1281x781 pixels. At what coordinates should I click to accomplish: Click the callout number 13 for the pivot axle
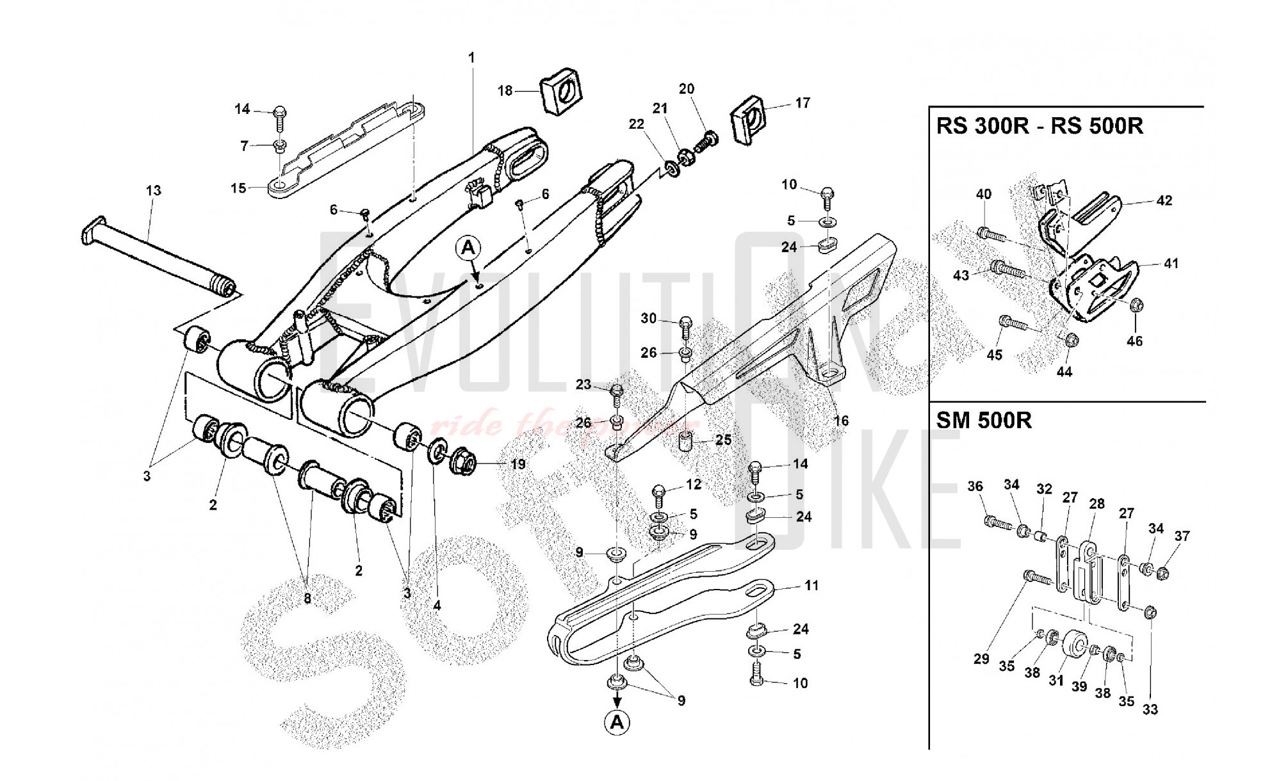click(x=153, y=191)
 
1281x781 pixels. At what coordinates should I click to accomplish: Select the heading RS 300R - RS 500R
click(x=1040, y=126)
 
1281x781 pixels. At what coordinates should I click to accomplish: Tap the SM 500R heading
click(x=983, y=421)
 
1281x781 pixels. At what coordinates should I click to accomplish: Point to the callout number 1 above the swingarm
click(x=471, y=58)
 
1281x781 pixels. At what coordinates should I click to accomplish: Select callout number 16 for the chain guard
click(x=841, y=421)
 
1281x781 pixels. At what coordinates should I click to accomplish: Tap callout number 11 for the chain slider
click(x=812, y=585)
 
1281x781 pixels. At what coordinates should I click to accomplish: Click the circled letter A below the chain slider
click(x=617, y=722)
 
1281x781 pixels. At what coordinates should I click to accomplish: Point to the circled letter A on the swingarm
click(x=469, y=247)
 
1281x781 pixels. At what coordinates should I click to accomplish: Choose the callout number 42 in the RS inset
click(x=1164, y=200)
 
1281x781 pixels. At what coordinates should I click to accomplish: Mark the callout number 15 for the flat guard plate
click(x=238, y=188)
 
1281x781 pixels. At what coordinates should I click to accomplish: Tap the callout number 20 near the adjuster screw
click(x=686, y=89)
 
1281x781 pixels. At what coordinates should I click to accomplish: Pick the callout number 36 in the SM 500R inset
click(x=975, y=487)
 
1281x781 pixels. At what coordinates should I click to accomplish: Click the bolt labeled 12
click(x=659, y=493)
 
